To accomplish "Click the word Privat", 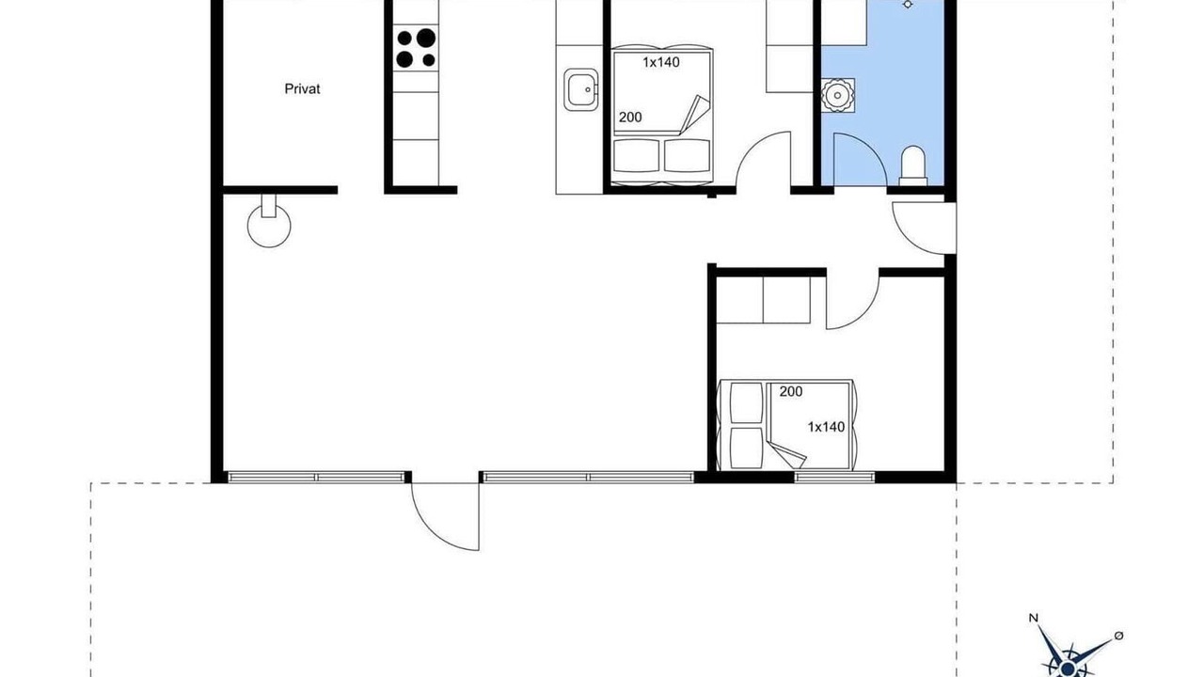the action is [302, 89].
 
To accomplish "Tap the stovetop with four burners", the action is [416, 48].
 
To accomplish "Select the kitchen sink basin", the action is [580, 89].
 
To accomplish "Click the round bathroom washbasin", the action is [837, 96].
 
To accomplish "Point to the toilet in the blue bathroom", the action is [913, 165].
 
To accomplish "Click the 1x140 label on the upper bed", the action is [661, 62].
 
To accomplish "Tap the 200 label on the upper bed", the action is [630, 118].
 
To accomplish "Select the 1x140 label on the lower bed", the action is [826, 427].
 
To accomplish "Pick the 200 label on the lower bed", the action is [791, 392].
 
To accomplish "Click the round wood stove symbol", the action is [269, 225].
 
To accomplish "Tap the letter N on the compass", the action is [1033, 633].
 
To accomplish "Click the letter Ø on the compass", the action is [1118, 637].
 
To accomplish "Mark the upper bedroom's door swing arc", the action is [750, 145].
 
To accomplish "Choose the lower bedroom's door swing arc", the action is [866, 313].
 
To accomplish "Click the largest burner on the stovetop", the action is [426, 39].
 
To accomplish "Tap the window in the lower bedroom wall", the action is [834, 477].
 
